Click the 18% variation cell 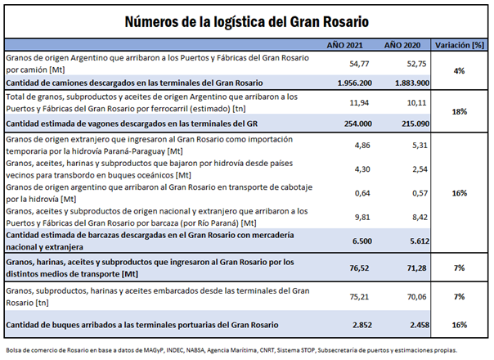(x=459, y=111)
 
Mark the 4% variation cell (x=459, y=71)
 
